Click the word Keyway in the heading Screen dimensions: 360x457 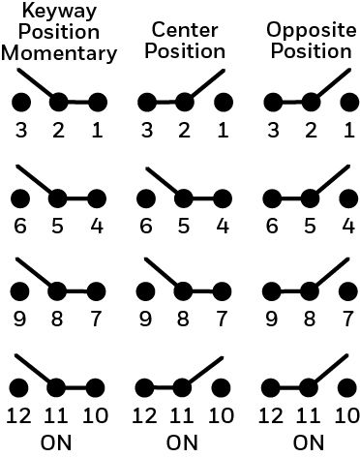pyautogui.click(x=59, y=12)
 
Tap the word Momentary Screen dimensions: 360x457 pyautogui.click(x=59, y=53)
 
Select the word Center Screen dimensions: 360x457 pyautogui.click(x=185, y=30)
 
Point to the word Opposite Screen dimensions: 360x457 pyautogui.click(x=312, y=30)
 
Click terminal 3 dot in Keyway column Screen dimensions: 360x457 pyautogui.click(x=21, y=103)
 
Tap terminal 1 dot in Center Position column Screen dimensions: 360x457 pyautogui.click(x=224, y=103)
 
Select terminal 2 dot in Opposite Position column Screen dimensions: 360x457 pyautogui.click(x=311, y=103)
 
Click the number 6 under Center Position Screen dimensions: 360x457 pyautogui.click(x=146, y=226)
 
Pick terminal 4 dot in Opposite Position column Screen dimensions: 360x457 pyautogui.click(x=348, y=198)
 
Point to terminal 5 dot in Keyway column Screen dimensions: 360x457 pyautogui.click(x=58, y=198)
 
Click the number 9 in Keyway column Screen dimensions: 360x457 pyautogui.click(x=19, y=319)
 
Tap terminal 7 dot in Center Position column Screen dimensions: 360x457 pyautogui.click(x=222, y=291)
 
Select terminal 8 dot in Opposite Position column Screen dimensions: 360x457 pyautogui.click(x=310, y=291)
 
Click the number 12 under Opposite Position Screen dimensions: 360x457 pyautogui.click(x=271, y=415)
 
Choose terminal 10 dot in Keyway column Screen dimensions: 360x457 pyautogui.click(x=96, y=387)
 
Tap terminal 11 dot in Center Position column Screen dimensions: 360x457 pyautogui.click(x=183, y=387)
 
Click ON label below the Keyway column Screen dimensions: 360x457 pyautogui.click(x=56, y=442)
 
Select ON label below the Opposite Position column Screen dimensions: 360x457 pyautogui.click(x=309, y=442)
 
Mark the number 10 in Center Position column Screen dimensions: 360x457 pyautogui.click(x=222, y=415)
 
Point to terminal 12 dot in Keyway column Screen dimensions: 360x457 pyautogui.click(x=18, y=387)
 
